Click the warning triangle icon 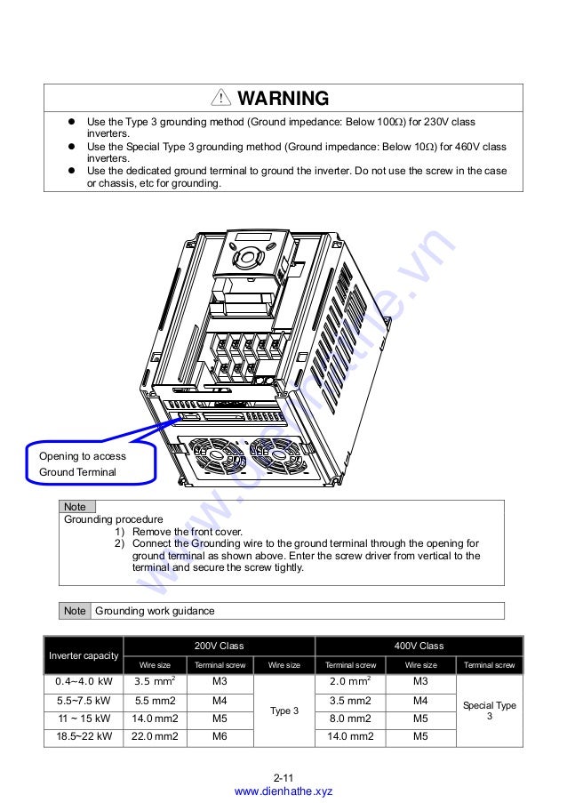[219, 99]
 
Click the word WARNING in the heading [283, 99]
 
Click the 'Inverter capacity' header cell [84, 655]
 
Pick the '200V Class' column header [219, 646]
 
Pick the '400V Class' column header [419, 646]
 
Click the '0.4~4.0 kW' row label [84, 682]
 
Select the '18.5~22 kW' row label [84, 736]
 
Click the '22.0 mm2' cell [156, 736]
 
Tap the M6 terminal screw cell [220, 736]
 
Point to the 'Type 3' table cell [284, 711]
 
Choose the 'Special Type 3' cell [489, 710]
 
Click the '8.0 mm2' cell [349, 719]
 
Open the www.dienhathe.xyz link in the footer [283, 791]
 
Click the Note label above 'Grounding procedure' [76, 507]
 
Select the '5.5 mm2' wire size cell [156, 701]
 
